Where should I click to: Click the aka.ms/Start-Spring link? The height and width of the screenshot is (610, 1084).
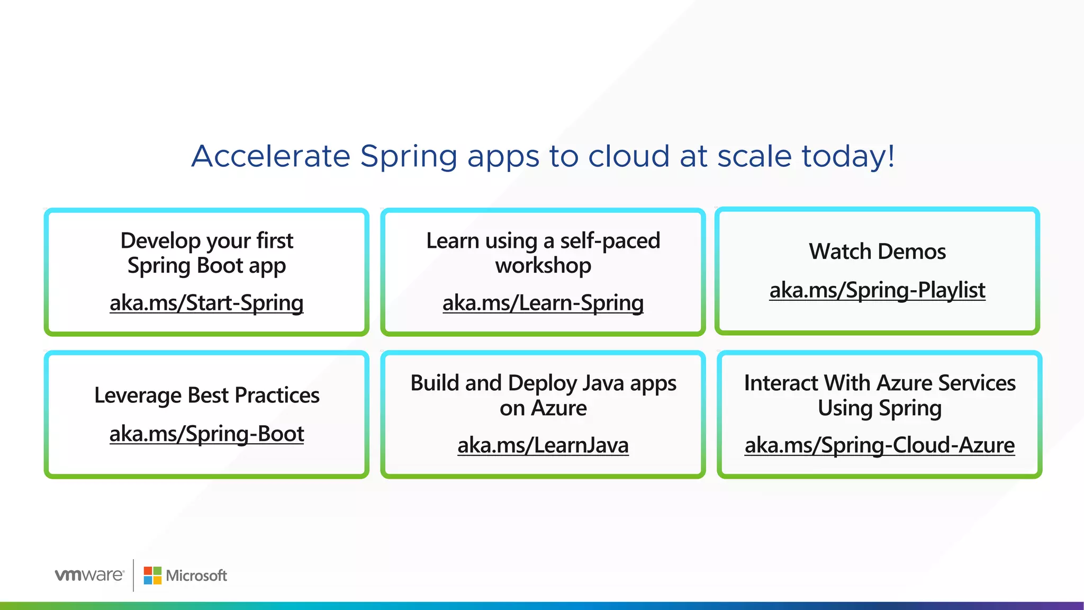[x=206, y=303]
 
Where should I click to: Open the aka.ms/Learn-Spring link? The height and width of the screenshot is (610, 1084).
[x=543, y=303]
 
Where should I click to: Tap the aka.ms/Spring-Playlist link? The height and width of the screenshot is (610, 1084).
[x=877, y=290]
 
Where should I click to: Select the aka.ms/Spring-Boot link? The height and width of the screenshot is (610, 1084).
[x=206, y=434]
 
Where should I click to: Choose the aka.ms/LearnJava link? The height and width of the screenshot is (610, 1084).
[x=543, y=445]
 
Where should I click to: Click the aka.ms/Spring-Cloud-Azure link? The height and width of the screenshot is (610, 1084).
[x=879, y=445]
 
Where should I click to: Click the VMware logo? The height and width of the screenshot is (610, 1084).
[x=89, y=575]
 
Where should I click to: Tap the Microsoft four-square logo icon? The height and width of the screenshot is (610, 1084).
[x=152, y=576]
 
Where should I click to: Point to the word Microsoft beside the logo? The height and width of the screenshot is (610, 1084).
[x=196, y=576]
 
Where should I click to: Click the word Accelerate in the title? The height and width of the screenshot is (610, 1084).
[x=270, y=156]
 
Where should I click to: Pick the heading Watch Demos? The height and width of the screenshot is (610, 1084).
[x=877, y=252]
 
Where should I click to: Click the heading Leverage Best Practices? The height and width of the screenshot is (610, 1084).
[x=206, y=396]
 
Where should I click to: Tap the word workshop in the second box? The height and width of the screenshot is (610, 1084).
[x=543, y=265]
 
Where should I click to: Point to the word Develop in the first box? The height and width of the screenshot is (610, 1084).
[x=160, y=241]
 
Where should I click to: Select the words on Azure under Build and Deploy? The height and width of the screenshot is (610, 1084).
[x=543, y=408]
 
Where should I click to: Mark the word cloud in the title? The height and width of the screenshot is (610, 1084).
[x=629, y=156]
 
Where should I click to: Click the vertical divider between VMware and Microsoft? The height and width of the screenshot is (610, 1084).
[x=133, y=575]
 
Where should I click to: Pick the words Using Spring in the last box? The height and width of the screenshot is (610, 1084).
[x=879, y=408]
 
